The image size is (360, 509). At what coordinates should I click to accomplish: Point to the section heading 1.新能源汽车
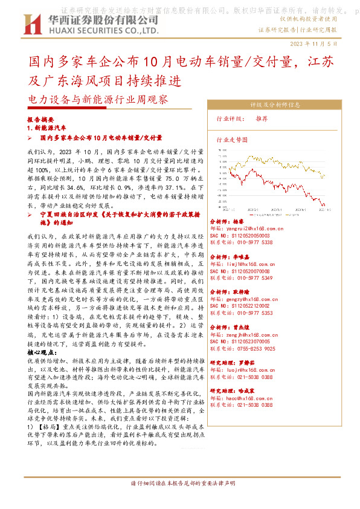click(47, 129)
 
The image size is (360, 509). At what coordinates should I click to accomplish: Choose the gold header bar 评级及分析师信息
click(275, 104)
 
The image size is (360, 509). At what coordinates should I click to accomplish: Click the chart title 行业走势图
click(233, 138)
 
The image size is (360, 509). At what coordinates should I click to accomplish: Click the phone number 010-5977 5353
click(249, 314)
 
